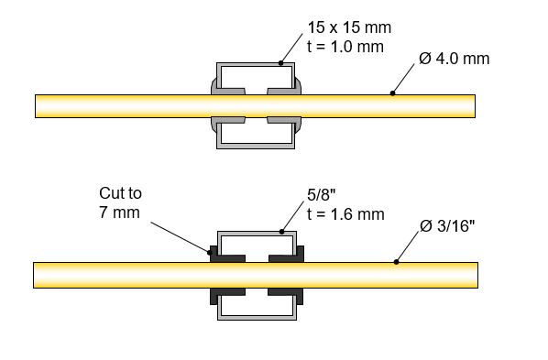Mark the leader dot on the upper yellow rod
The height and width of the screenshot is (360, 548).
[x=393, y=93]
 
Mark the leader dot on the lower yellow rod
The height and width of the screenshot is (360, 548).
[x=395, y=262]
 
